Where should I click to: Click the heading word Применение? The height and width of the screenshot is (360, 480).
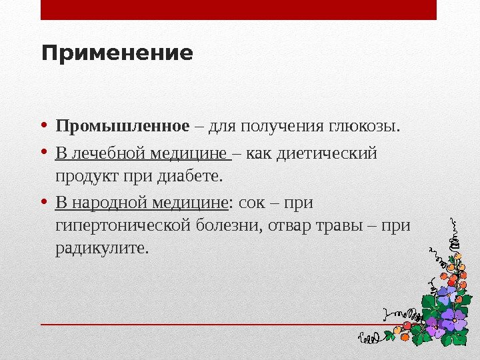tap(117, 53)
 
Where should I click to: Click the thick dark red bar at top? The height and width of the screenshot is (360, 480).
tap(239, 10)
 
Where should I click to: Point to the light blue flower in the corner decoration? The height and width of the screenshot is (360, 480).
tap(445, 293)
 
